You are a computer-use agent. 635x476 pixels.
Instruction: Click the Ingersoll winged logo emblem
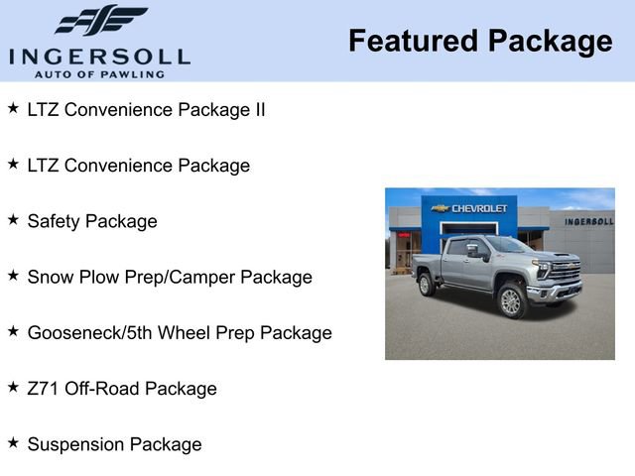[99, 20]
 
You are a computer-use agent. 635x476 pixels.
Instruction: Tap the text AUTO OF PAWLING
[99, 73]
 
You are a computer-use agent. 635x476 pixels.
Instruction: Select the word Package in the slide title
[550, 42]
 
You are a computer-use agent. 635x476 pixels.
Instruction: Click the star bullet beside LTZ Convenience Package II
[13, 108]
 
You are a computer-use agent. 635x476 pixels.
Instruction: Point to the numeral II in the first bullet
[258, 110]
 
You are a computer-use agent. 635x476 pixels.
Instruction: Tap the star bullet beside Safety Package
[13, 219]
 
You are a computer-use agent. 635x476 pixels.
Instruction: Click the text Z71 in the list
[44, 388]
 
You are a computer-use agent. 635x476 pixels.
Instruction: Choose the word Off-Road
[102, 388]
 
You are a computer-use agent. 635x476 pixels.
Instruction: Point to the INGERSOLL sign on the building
[588, 221]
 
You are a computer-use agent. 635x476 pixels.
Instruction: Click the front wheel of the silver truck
[511, 301]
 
